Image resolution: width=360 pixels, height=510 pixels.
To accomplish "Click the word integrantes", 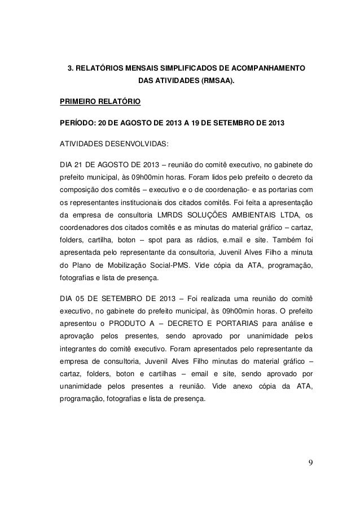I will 77,351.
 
